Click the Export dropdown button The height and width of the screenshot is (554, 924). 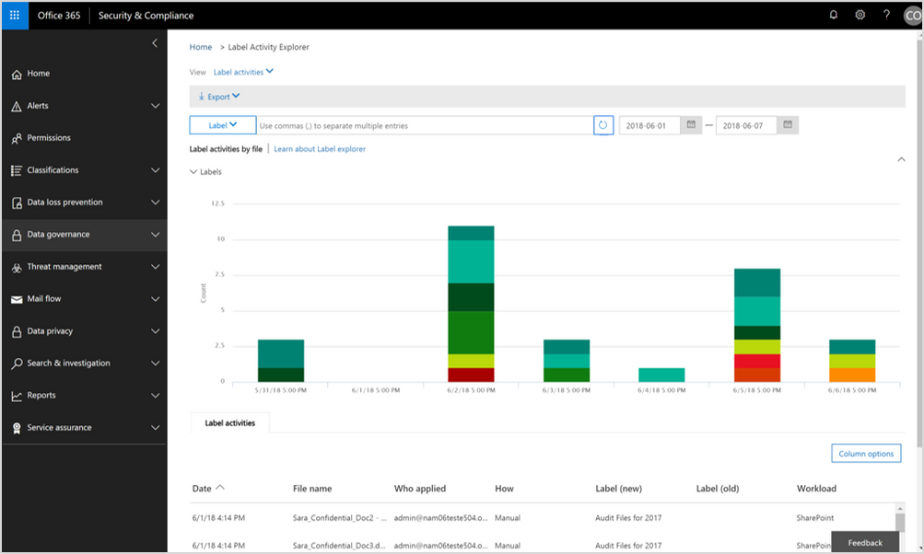pyautogui.click(x=219, y=97)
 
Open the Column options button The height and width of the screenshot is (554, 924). pyautogui.click(x=866, y=454)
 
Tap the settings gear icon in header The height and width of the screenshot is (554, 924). pyautogui.click(x=860, y=15)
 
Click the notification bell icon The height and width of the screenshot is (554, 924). pyautogui.click(x=834, y=15)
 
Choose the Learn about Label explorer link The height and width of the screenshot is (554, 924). pyautogui.click(x=320, y=149)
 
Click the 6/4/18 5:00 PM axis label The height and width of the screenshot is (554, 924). pyautogui.click(x=661, y=390)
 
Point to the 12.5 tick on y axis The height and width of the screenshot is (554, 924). pyautogui.click(x=217, y=203)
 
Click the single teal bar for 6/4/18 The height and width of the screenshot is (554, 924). pyautogui.click(x=661, y=375)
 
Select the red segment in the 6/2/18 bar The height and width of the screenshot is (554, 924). pyautogui.click(x=471, y=375)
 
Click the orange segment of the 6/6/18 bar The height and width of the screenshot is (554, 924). pyautogui.click(x=852, y=375)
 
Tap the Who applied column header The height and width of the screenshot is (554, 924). pyautogui.click(x=419, y=489)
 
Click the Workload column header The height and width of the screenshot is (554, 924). pyautogui.click(x=816, y=489)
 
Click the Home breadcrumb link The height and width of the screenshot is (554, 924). pyautogui.click(x=200, y=47)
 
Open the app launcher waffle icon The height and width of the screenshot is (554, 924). pyautogui.click(x=15, y=15)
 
